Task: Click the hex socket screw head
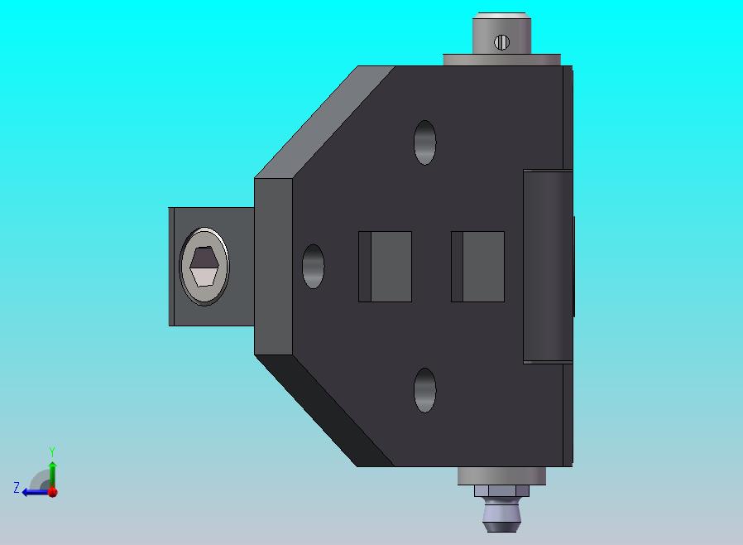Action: coord(204,266)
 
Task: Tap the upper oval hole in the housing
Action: coord(424,142)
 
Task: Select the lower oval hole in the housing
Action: coord(424,390)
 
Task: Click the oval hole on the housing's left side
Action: coord(314,266)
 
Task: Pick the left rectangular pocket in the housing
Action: coord(386,267)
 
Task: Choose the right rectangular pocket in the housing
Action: coord(477,267)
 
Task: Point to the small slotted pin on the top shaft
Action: coord(501,43)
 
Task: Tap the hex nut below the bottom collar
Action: coord(501,490)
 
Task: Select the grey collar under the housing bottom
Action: coord(501,475)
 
